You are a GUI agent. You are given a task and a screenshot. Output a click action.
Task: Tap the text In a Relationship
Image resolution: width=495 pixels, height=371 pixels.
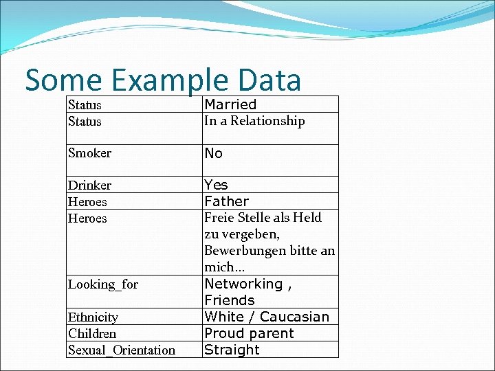[254, 121]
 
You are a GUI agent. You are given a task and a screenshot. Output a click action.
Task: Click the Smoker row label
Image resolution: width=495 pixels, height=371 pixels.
[89, 153]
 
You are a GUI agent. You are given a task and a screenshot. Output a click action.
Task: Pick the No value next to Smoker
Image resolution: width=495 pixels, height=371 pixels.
[214, 153]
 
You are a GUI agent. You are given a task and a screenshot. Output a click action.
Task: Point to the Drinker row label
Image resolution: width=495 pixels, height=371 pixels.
[89, 185]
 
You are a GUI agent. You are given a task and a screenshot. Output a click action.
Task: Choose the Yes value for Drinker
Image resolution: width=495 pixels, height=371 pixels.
[216, 185]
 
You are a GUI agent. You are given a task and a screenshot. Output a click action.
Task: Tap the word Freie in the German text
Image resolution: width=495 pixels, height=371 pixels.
[219, 218]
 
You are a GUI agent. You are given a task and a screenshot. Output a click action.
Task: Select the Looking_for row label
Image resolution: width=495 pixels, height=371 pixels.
[103, 284]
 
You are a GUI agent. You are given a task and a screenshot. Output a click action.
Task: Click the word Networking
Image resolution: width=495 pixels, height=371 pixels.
[243, 284]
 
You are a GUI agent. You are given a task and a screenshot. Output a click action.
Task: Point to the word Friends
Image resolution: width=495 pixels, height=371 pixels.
[229, 300]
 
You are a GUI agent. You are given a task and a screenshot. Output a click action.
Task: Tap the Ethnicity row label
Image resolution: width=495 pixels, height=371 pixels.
[93, 317]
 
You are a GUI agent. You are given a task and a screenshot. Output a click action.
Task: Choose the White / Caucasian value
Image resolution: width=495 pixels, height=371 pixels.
[267, 317]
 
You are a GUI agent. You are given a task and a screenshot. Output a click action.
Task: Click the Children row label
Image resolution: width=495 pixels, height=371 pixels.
[92, 334]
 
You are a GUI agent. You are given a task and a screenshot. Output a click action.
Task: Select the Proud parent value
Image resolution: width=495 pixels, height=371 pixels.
[249, 333]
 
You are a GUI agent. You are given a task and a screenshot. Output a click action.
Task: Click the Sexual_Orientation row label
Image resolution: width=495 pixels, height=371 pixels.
[122, 350]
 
